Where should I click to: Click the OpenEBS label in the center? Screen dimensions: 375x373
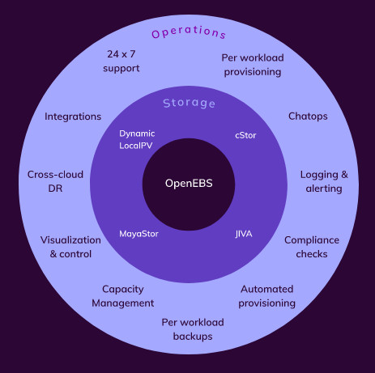coord(189,184)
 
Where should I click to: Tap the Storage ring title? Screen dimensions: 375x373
coord(189,103)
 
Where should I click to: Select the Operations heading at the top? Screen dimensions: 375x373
coord(189,32)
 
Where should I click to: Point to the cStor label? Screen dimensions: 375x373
coord(245,135)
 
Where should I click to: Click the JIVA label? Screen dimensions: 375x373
coord(244,234)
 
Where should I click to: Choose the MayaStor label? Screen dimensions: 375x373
coord(138,234)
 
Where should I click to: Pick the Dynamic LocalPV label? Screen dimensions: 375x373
coord(137,139)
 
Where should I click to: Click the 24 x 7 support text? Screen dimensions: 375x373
coord(121,61)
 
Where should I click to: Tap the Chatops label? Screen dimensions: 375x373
coord(308,117)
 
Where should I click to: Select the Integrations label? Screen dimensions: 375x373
coord(73,117)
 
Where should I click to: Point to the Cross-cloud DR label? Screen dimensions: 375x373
coord(55,181)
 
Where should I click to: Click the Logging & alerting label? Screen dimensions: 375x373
coord(324,181)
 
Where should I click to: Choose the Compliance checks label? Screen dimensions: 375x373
coord(312,247)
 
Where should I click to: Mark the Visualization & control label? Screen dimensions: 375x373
coord(70,247)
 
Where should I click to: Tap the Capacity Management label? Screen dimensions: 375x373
coord(123,296)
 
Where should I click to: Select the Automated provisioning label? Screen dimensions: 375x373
coord(266,296)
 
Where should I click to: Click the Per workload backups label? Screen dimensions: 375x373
coord(193,329)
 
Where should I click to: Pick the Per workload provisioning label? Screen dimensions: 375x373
coord(253,65)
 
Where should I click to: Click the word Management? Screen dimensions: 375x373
coord(123,303)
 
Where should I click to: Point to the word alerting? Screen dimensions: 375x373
coord(324,189)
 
